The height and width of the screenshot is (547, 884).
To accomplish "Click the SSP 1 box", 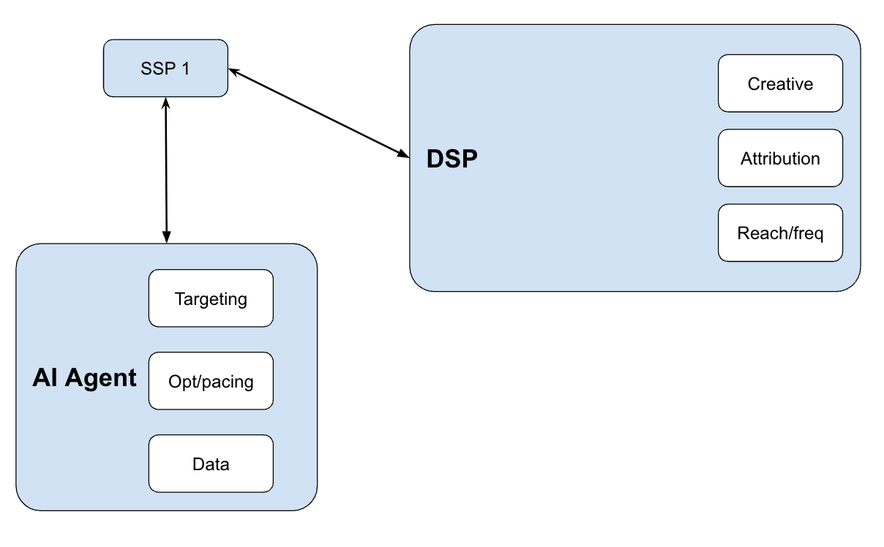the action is coord(165,68).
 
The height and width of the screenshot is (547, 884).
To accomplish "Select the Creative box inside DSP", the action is coord(780,83).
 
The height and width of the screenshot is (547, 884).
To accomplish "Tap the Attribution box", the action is coord(780,158).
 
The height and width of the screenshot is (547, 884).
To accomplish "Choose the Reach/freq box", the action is coord(780,233).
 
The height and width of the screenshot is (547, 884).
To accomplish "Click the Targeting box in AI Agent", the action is coord(211,298).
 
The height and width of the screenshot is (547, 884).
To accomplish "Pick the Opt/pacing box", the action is coord(211,381).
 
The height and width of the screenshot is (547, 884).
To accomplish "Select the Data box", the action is coord(211,464).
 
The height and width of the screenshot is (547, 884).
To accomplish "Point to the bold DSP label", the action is coord(452,159).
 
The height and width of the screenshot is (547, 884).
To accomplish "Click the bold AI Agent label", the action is coord(84,378).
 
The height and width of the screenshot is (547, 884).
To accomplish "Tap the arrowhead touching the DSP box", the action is coord(403,154).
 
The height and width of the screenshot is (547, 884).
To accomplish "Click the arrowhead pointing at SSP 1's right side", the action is coord(234,72).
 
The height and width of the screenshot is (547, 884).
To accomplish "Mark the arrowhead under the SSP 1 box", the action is coord(165,103).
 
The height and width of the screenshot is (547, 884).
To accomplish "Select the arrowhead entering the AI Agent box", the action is coord(167,237).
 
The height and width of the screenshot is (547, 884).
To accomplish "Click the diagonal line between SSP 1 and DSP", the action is coord(319,113).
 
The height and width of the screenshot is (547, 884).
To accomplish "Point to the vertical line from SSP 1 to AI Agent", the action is coord(166,170).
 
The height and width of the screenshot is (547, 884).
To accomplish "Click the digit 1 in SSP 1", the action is coord(186,69).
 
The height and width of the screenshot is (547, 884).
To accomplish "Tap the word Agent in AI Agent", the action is coord(101,379).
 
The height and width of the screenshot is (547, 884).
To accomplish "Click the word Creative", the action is coord(780,84).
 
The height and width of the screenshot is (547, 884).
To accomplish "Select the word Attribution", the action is coord(780,159).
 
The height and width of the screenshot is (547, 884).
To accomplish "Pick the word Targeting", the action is coord(211,299).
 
